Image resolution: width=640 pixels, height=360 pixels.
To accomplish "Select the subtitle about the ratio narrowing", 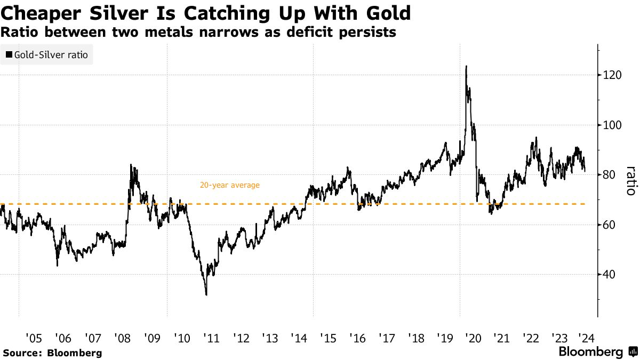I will pos(198,33).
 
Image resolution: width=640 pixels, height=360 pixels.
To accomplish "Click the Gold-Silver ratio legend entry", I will pos(46,54).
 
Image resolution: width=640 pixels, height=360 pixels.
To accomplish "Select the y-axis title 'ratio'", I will pos(630,180).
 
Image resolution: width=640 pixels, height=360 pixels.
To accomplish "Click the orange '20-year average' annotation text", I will pos(229,186).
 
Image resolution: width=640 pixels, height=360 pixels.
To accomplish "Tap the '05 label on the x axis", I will pos(33,338).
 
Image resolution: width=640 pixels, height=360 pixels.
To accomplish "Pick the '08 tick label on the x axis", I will pos(122,338).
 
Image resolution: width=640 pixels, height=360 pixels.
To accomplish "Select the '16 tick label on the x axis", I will pos(356,338).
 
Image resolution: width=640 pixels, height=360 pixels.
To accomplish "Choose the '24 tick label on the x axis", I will pos(585,338).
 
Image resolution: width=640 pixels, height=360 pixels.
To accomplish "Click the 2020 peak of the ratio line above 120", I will pos(466,67).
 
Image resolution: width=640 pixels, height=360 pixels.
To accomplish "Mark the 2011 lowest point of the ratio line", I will pos(206,294).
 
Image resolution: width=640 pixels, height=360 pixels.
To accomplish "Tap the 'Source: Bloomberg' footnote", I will pos(52,353).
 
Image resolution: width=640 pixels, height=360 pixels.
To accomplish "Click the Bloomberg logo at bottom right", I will pos(596,352).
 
